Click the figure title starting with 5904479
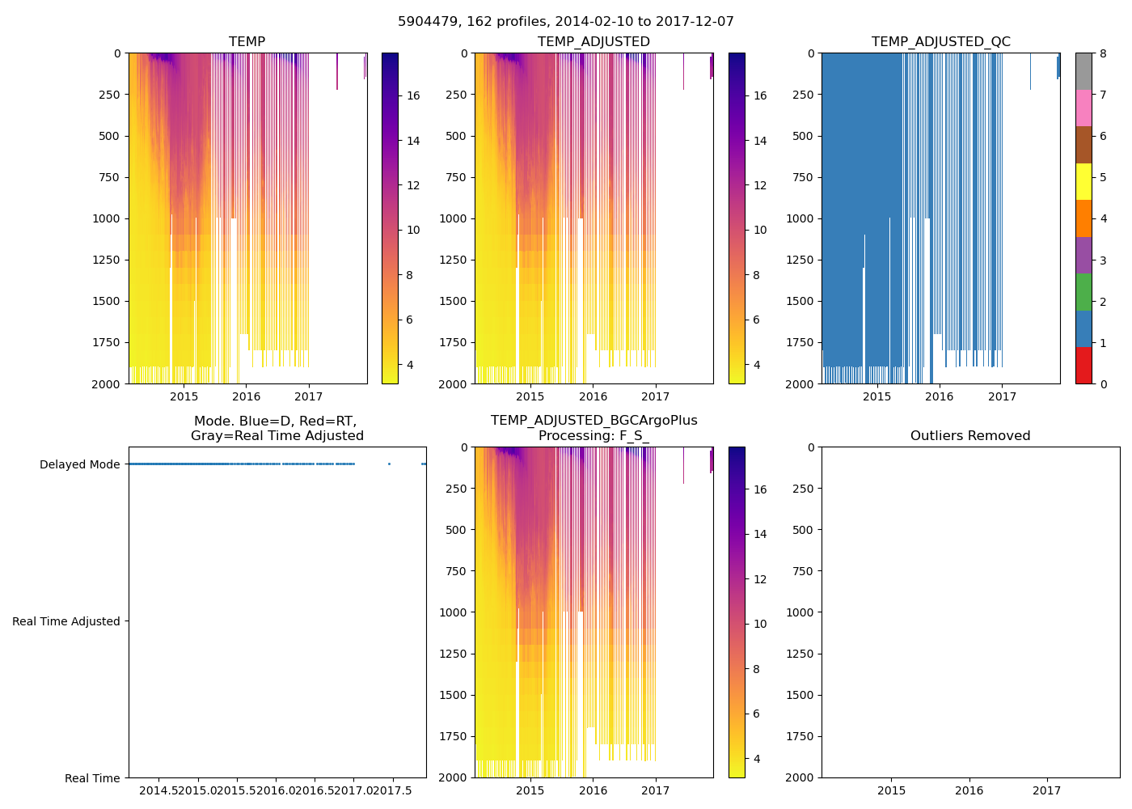[566, 22]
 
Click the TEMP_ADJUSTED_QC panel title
[940, 42]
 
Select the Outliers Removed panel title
[970, 436]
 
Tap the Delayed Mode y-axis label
[79, 464]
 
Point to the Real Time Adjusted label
[66, 621]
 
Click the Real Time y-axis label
[92, 778]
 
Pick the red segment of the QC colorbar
[1083, 366]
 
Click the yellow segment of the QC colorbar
[1083, 181]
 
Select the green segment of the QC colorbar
[1083, 292]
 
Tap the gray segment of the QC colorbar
[1083, 71]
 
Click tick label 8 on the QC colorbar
[1103, 53]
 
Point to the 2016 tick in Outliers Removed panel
[969, 790]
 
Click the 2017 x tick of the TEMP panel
[308, 396]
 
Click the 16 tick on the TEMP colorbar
[413, 95]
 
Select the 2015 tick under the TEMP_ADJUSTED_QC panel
[876, 396]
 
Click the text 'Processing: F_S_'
[593, 436]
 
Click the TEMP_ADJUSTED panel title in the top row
[593, 42]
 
